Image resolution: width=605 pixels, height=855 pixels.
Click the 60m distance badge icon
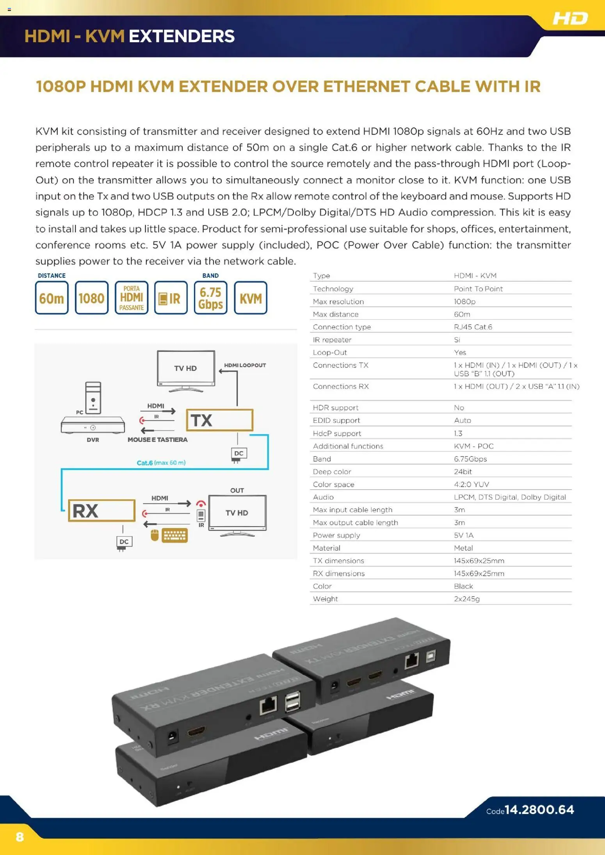pyautogui.click(x=52, y=298)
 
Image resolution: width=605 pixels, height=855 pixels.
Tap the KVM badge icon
pyautogui.click(x=251, y=298)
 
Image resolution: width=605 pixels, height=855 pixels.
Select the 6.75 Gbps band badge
pyautogui.click(x=210, y=298)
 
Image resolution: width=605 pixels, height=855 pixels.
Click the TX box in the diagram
pyautogui.click(x=219, y=420)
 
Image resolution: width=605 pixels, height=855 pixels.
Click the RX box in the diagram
pyautogui.click(x=101, y=510)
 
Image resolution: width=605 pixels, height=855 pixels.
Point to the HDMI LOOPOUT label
pyautogui.click(x=245, y=365)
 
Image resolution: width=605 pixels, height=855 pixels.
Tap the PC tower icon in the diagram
pyautogui.click(x=93, y=397)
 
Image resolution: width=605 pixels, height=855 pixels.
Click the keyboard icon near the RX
pyautogui.click(x=175, y=535)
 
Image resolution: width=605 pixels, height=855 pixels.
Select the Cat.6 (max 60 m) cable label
pyautogui.click(x=161, y=463)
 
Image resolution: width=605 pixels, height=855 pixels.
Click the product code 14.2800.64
pyautogui.click(x=539, y=810)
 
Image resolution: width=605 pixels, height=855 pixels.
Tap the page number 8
pyautogui.click(x=20, y=837)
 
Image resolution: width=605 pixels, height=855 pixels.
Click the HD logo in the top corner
pyautogui.click(x=570, y=18)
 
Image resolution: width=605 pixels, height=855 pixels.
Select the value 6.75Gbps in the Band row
pyautogui.click(x=470, y=459)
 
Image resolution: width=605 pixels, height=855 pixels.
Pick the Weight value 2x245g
pyautogui.click(x=466, y=598)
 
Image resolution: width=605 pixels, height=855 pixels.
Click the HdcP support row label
pyautogui.click(x=336, y=433)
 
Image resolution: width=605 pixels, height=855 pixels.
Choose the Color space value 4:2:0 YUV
pyautogui.click(x=471, y=484)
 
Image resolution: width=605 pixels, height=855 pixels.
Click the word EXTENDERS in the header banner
pyautogui.click(x=181, y=36)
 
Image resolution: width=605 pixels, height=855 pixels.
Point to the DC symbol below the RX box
pyautogui.click(x=124, y=542)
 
